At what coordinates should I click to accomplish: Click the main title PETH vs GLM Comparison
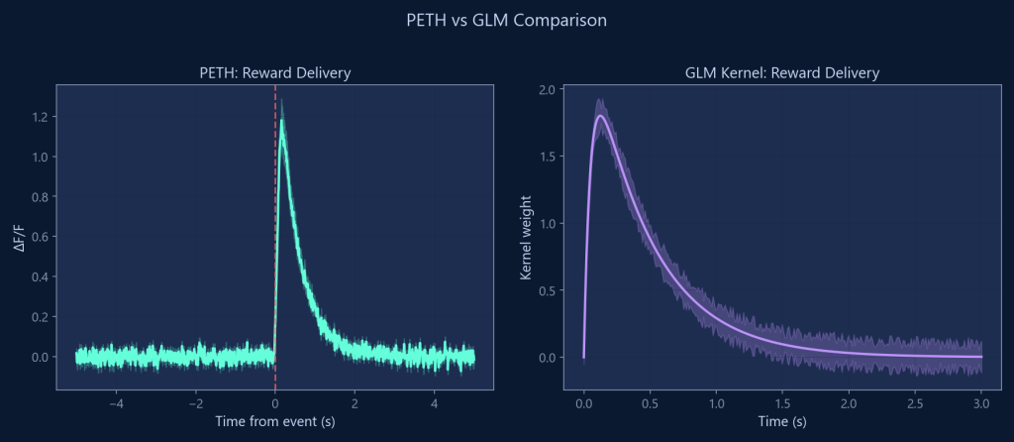(x=506, y=21)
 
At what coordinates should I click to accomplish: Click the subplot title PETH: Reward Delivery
(x=275, y=73)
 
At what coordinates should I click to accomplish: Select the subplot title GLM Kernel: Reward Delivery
(x=782, y=73)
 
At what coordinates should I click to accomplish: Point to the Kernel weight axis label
(x=526, y=238)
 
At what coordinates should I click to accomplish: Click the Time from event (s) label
(x=275, y=422)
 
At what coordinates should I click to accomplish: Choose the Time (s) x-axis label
(x=782, y=422)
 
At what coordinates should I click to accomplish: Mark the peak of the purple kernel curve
(x=601, y=116)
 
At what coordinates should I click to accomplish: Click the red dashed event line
(x=275, y=237)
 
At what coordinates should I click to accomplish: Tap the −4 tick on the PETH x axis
(x=117, y=402)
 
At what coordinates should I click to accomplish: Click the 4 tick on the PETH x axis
(x=434, y=402)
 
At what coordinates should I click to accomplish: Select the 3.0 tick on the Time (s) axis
(x=981, y=402)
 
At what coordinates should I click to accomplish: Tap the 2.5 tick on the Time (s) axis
(x=915, y=402)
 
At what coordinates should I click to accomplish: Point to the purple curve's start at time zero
(x=584, y=357)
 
